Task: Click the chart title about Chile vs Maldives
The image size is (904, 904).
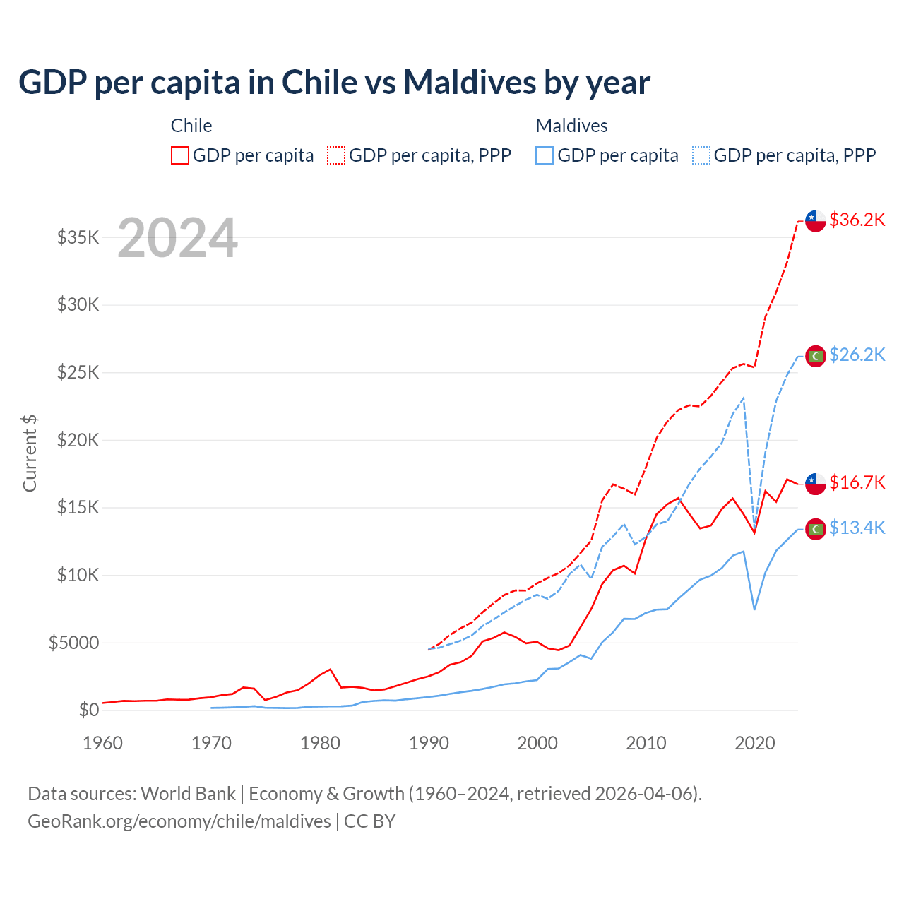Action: [x=334, y=83]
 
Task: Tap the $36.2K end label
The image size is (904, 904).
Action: [x=857, y=220]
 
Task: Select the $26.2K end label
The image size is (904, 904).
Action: [x=857, y=355]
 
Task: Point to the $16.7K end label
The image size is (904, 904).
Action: [x=857, y=482]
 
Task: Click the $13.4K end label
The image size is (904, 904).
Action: [x=857, y=528]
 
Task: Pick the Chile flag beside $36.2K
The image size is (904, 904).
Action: [x=816, y=220]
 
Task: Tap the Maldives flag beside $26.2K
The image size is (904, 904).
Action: [x=816, y=356]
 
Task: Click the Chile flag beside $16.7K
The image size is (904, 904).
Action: [x=816, y=484]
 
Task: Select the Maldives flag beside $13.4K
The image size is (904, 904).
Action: [x=816, y=528]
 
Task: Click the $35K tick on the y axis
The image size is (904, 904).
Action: [x=78, y=237]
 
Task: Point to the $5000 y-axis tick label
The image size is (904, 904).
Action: [x=73, y=643]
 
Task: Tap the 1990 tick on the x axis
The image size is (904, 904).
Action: [x=429, y=743]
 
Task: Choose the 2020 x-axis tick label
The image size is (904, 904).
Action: [x=755, y=743]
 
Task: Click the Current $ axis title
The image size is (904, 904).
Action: [x=30, y=453]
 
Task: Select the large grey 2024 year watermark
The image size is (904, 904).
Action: [x=177, y=238]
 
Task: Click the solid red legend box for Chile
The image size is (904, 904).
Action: [x=180, y=155]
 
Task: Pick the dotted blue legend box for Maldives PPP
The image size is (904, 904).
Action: [x=701, y=155]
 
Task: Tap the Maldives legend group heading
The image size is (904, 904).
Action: [x=571, y=126]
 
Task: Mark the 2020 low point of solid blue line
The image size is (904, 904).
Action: [x=754, y=609]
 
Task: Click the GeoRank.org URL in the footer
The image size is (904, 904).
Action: [x=179, y=821]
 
